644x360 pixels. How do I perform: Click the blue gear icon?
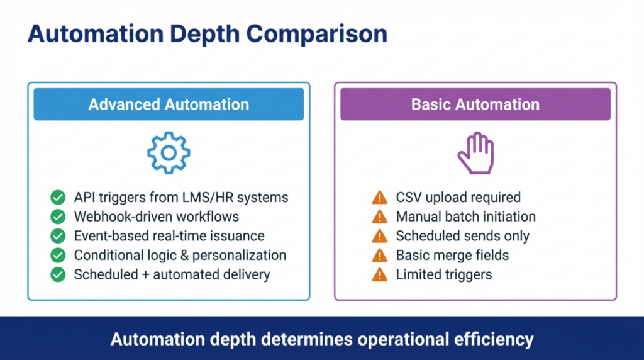(x=169, y=152)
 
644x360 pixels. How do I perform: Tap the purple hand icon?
(x=475, y=153)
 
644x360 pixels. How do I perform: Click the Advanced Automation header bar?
(x=169, y=104)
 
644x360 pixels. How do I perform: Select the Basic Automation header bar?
(x=475, y=104)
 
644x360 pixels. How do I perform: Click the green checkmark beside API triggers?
(x=58, y=198)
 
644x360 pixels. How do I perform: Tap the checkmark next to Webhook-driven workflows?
(x=58, y=217)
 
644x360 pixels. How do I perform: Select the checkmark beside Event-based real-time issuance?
(x=58, y=236)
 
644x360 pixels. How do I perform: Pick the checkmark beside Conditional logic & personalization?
(x=58, y=255)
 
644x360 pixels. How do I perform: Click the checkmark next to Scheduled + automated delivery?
(x=58, y=274)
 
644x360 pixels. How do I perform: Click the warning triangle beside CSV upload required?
(x=379, y=198)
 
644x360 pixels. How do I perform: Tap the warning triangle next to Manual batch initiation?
(x=379, y=217)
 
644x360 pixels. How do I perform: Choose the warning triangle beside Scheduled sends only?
(x=379, y=236)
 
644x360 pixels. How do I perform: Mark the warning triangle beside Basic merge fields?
(x=379, y=256)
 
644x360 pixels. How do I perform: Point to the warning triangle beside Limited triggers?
(x=379, y=274)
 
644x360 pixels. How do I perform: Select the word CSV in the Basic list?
(x=410, y=198)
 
